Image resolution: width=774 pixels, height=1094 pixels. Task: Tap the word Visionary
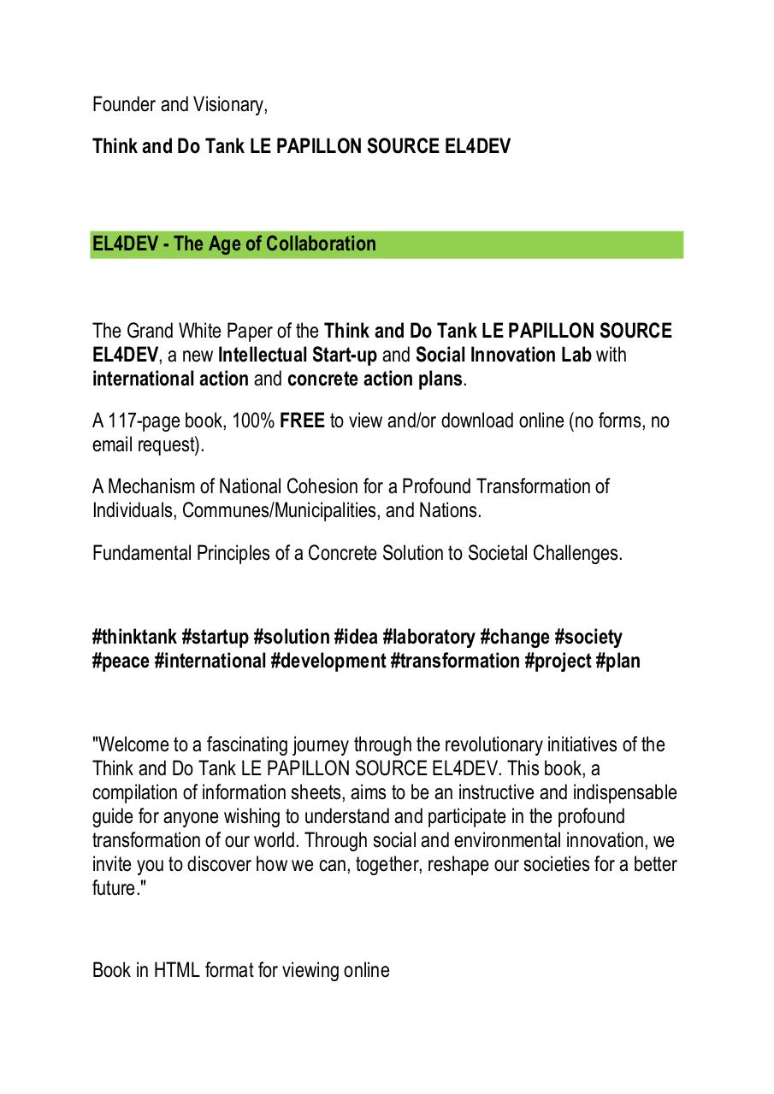231,104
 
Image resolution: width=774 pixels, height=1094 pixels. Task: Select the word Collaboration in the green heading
321,244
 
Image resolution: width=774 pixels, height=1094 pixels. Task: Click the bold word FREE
302,421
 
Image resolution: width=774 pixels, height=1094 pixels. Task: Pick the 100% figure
253,421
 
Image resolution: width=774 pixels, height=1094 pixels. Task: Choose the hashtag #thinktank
134,637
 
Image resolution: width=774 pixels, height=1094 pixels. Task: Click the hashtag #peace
121,661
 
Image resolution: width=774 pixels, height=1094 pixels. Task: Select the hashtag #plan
617,661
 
